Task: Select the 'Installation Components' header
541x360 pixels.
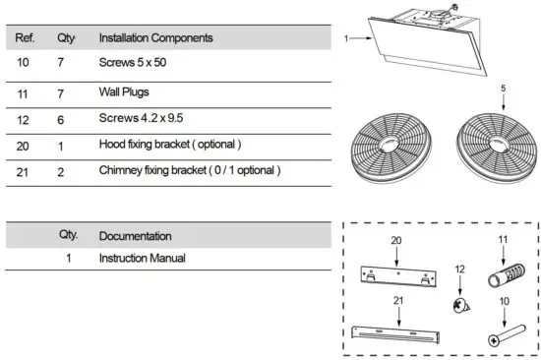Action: tap(155, 38)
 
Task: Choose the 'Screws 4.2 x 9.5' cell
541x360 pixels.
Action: tap(140, 118)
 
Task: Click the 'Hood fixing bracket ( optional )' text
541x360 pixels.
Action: tap(170, 144)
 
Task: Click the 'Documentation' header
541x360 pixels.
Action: tap(136, 236)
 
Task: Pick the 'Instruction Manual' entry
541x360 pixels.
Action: tap(143, 258)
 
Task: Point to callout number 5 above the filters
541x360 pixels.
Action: tap(503, 88)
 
